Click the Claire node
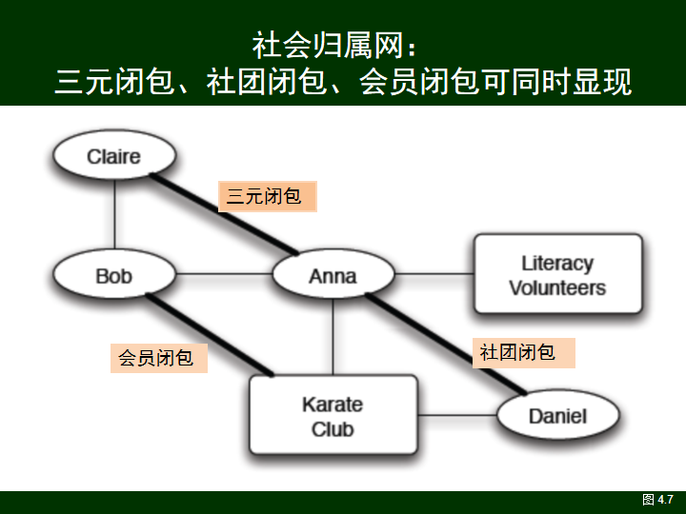tap(114, 156)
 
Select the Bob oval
tap(114, 276)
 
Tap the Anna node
tap(333, 276)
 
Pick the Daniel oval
tap(557, 416)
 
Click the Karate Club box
tap(333, 416)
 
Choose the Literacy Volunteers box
tap(557, 274)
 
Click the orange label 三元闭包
tap(266, 197)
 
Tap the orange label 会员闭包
tap(158, 358)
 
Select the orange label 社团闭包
tap(525, 352)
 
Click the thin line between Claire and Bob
tap(114, 215)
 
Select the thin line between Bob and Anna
tap(224, 276)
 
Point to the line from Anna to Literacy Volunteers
tap(434, 276)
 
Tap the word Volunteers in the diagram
tap(557, 287)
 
